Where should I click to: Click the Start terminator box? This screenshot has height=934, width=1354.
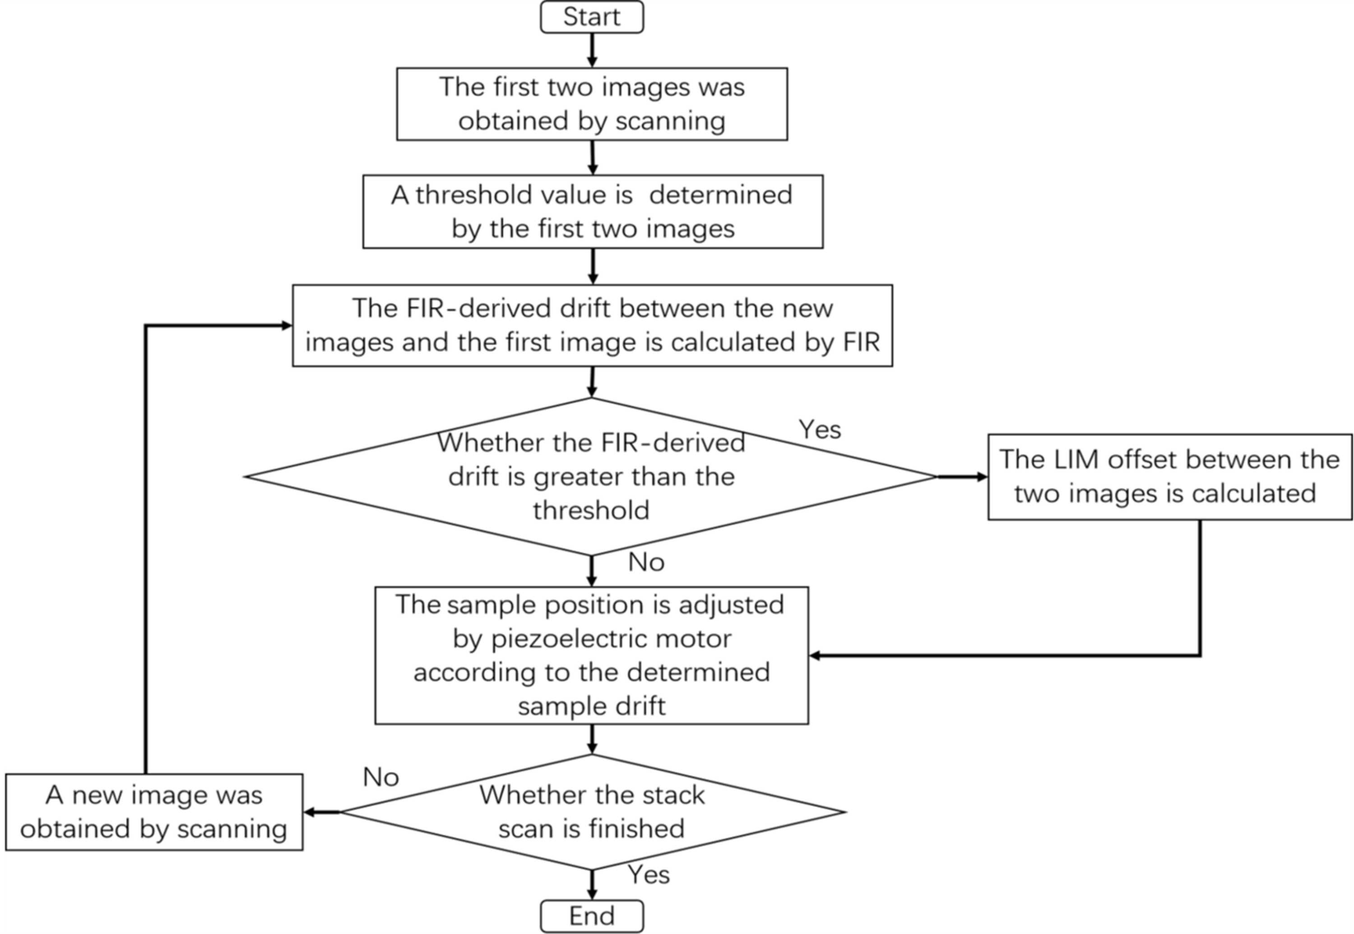tap(592, 17)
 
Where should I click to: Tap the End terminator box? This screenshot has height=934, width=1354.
tap(592, 916)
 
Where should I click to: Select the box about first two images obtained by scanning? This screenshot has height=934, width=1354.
tap(592, 104)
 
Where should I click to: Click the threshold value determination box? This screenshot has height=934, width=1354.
tap(593, 211)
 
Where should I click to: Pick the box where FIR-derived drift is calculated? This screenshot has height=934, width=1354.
tap(592, 325)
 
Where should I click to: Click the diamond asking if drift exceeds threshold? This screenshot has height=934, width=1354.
tap(591, 476)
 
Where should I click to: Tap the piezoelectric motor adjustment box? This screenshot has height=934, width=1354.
tap(592, 655)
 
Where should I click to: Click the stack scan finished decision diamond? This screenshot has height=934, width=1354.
tap(592, 812)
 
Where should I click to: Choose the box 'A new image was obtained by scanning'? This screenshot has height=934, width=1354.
tap(154, 812)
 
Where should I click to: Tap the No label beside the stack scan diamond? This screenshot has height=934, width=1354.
tap(381, 777)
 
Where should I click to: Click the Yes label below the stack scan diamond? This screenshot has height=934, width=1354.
tap(648, 875)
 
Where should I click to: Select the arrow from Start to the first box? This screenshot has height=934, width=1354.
tap(592, 50)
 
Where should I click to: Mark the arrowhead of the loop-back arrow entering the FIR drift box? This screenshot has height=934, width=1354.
tap(286, 325)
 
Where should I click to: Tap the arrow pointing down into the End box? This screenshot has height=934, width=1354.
tap(592, 885)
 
